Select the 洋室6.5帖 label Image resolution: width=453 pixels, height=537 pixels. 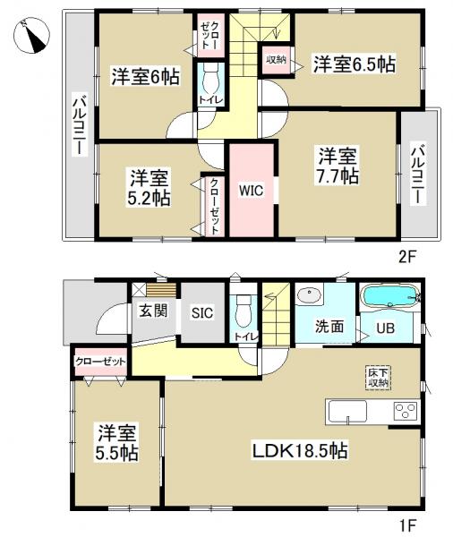click(x=354, y=64)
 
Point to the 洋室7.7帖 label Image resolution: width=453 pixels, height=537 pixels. click(x=336, y=166)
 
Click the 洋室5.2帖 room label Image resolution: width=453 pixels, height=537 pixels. click(x=148, y=184)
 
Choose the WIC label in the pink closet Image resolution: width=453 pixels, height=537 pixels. click(x=249, y=190)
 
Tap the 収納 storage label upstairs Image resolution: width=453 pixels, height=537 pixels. click(x=274, y=60)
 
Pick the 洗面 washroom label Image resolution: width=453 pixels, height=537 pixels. click(x=329, y=326)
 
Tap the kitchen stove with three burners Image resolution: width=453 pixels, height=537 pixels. click(x=404, y=413)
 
